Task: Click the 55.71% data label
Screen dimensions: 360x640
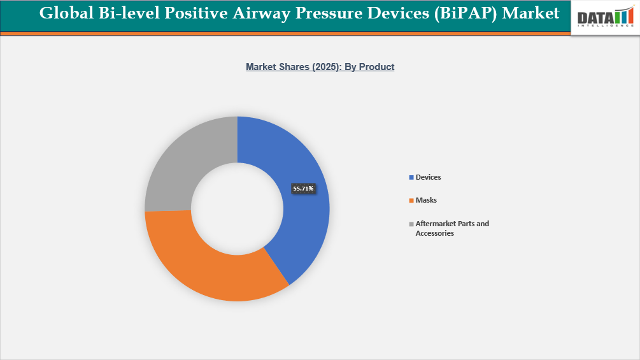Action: tap(303, 189)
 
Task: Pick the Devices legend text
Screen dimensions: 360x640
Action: tap(428, 177)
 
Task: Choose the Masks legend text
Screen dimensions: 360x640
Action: tap(426, 200)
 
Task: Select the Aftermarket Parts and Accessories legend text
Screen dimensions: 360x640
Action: tap(452, 228)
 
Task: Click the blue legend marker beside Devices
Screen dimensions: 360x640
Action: tap(411, 177)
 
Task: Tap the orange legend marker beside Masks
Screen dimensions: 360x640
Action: tap(411, 201)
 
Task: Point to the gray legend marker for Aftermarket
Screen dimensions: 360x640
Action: tap(411, 224)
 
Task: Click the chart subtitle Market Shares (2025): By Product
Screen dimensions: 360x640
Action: tap(320, 66)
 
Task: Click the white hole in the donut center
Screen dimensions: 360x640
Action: tap(237, 209)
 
